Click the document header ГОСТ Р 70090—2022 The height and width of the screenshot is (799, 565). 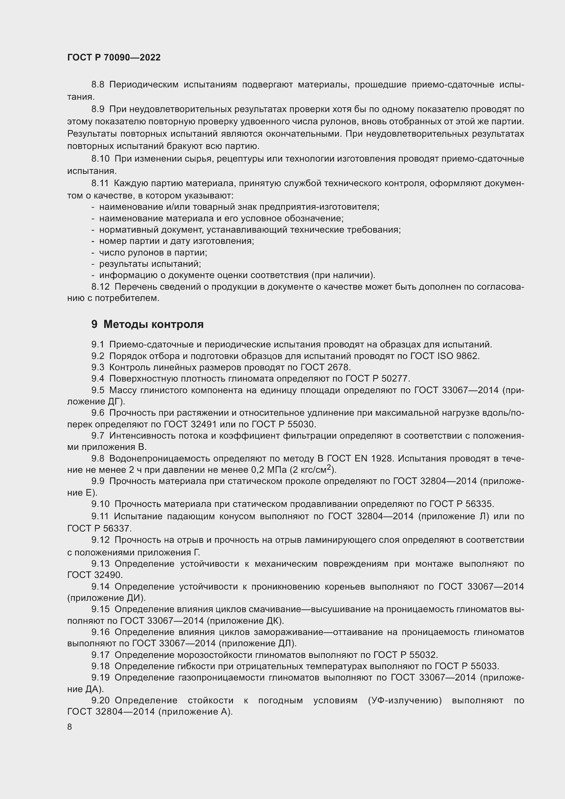click(x=114, y=57)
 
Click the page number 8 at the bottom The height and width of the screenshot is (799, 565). click(x=70, y=727)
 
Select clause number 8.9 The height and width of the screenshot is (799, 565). click(x=98, y=109)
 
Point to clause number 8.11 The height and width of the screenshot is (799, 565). click(x=100, y=183)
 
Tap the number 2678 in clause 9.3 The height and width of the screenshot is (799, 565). click(x=339, y=367)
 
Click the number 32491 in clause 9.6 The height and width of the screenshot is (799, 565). click(x=204, y=425)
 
